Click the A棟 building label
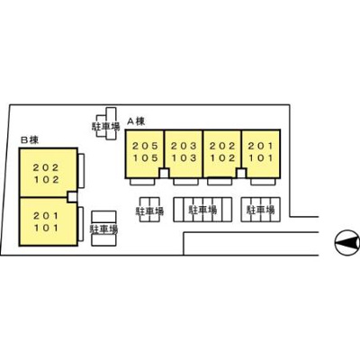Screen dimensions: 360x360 point(136,121)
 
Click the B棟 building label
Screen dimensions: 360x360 point(30,139)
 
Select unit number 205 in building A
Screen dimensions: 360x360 point(145,146)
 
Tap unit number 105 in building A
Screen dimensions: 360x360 point(145,157)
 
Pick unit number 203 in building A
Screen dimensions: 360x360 point(184,146)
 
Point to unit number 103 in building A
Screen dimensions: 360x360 point(184,157)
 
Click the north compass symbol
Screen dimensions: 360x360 point(347,243)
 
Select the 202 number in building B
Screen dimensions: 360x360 point(46,167)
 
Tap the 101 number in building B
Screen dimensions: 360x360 point(46,228)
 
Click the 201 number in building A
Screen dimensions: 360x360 point(261,146)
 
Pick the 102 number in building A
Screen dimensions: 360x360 point(222,157)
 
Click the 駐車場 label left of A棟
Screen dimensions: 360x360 point(105,126)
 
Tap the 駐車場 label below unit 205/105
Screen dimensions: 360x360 point(149,211)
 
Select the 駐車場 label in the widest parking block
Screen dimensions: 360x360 point(202,210)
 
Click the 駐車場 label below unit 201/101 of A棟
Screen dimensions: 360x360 point(260,210)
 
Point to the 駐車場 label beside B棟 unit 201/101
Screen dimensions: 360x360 point(103,229)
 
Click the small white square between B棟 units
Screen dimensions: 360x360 point(72,197)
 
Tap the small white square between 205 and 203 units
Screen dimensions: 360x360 point(164,173)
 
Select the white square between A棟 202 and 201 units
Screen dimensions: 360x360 point(241,173)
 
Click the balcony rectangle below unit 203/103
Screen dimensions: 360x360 point(185,182)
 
